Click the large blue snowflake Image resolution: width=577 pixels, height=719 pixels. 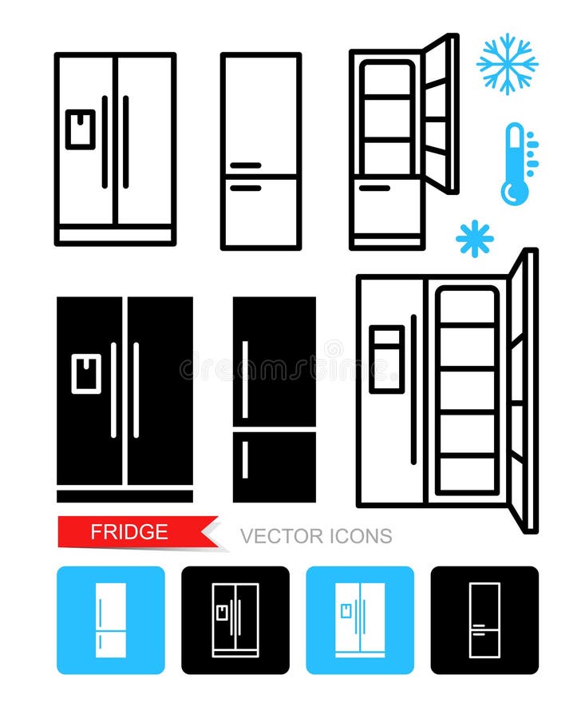pos(507,64)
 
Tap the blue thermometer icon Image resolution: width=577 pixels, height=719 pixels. pos(516,164)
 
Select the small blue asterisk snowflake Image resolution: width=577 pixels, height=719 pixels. pos(474,239)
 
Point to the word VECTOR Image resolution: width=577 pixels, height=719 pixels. pos(276,536)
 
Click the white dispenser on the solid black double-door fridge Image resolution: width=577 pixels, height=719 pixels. pos(86,374)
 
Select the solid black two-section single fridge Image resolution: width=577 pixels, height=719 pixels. pos(274,399)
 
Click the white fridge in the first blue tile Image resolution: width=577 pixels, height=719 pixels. pos(110,620)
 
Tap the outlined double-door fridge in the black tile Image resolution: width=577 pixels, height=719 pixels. pos(235,620)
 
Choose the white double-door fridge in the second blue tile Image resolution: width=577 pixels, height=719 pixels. pos(359,620)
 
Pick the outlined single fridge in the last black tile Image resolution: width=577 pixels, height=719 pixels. pos(484,620)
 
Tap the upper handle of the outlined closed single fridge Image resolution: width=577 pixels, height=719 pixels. pos(244,165)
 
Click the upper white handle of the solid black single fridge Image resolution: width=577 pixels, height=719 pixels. pos(245,368)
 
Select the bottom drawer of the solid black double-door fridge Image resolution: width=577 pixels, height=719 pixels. pos(124,496)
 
